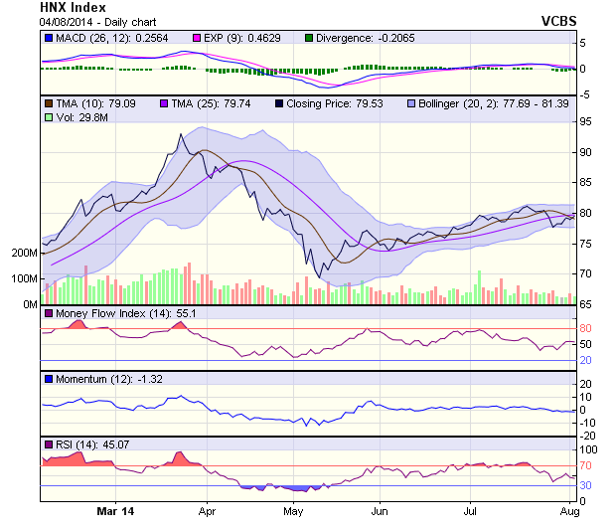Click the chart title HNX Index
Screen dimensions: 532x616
tap(77, 8)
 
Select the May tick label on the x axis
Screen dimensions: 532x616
tap(292, 511)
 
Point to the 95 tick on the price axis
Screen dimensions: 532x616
tap(586, 121)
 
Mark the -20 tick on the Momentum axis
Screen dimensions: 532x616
tap(587, 436)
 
